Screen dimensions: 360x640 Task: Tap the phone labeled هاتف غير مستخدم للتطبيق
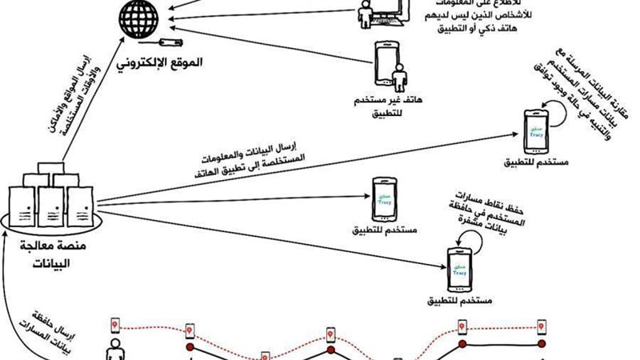click(x=386, y=62)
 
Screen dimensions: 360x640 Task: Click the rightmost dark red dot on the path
click(x=542, y=344)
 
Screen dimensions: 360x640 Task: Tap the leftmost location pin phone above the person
click(x=115, y=323)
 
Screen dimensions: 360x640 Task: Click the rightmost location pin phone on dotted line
click(x=542, y=326)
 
